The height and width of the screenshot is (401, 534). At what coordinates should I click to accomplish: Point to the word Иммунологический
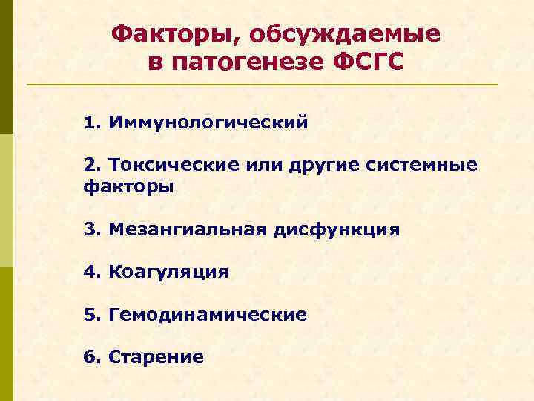207,121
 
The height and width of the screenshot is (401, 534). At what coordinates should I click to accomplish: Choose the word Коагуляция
168,272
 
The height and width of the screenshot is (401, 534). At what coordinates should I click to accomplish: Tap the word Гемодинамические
207,315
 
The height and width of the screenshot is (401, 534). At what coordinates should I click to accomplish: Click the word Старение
156,358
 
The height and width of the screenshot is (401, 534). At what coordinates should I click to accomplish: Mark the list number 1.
91,121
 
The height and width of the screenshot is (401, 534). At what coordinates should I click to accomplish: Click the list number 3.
91,229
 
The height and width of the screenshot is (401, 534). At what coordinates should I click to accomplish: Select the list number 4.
91,272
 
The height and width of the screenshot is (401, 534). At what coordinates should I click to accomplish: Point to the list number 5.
91,315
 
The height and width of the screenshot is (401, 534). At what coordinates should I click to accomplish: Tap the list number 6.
91,358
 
